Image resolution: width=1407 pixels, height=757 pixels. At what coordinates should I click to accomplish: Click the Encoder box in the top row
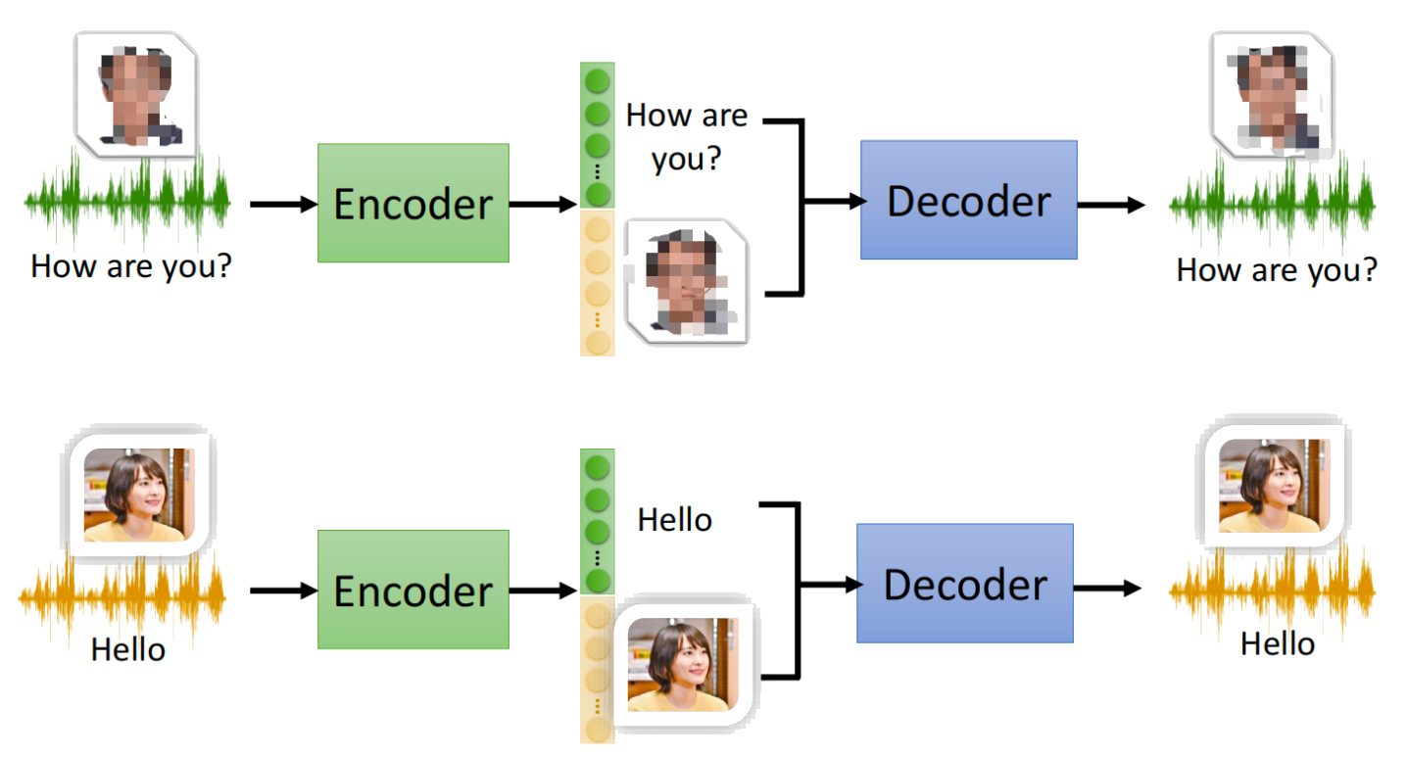tap(412, 203)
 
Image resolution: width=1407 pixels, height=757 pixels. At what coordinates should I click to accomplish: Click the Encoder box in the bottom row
tap(412, 591)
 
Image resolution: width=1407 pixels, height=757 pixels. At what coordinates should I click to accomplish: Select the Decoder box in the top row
tap(968, 200)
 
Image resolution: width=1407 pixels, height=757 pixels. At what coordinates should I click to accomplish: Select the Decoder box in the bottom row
tap(964, 584)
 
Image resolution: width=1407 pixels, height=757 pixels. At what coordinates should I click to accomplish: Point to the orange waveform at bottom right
tap(1272, 591)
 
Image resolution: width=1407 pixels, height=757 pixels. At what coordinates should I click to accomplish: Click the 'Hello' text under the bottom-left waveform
tap(128, 649)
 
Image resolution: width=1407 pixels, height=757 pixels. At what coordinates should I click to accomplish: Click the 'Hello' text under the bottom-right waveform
tap(1277, 643)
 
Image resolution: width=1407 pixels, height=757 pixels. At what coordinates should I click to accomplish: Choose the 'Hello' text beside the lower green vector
tap(674, 519)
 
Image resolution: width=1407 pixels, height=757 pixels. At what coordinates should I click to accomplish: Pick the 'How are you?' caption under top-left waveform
tap(131, 266)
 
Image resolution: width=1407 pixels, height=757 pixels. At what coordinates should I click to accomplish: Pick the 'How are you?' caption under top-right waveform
tap(1276, 269)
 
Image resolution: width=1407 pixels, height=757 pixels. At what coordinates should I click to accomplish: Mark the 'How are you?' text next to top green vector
tap(686, 136)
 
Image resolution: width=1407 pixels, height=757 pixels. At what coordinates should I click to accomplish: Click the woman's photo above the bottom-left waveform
tap(139, 495)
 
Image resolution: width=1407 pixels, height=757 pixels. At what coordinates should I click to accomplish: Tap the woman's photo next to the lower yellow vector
tap(683, 664)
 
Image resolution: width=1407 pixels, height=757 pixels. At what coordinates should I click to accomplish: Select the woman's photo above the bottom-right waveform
tap(1274, 485)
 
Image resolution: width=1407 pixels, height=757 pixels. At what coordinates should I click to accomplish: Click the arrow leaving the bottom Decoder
tap(1108, 589)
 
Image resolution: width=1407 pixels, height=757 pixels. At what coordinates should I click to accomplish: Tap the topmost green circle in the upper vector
tap(598, 79)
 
